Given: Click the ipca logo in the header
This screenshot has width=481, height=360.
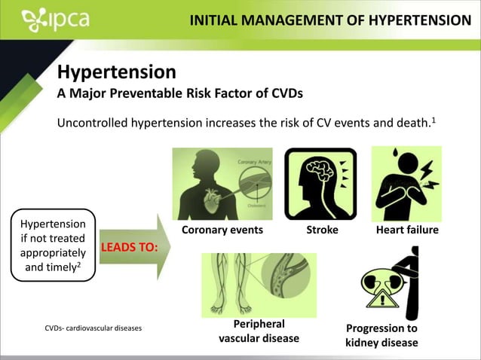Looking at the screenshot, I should pyautogui.click(x=56, y=20).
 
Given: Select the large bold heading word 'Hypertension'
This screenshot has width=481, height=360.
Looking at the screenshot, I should pyautogui.click(x=117, y=72).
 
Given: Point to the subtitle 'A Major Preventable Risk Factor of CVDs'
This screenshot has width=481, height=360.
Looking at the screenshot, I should pyautogui.click(x=180, y=94).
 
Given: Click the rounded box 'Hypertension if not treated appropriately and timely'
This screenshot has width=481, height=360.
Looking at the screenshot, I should pyautogui.click(x=53, y=245).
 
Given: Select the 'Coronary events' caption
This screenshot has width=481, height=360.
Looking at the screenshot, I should pyautogui.click(x=222, y=230).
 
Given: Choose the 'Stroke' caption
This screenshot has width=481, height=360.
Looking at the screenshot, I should pyautogui.click(x=322, y=230).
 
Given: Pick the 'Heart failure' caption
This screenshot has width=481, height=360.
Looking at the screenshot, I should pyautogui.click(x=407, y=230).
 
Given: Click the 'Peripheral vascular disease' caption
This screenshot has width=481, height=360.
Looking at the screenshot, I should pyautogui.click(x=259, y=331).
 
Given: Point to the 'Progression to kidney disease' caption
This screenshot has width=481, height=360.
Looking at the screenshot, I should pyautogui.click(x=381, y=335).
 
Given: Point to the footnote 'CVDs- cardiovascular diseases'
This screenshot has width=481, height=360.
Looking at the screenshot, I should pyautogui.click(x=93, y=328).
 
